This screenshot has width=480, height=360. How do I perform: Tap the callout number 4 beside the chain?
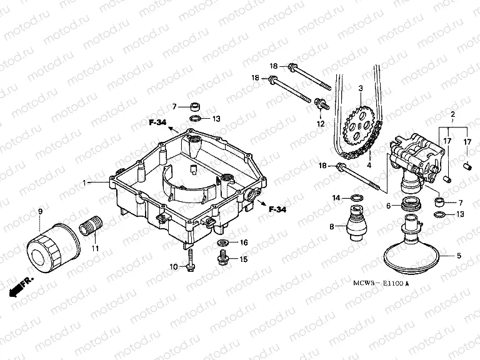[369, 165]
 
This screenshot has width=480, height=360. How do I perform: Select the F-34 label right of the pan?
[277, 209]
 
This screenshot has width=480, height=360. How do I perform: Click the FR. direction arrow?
[18, 287]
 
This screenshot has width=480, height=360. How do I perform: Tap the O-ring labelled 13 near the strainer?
[441, 214]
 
